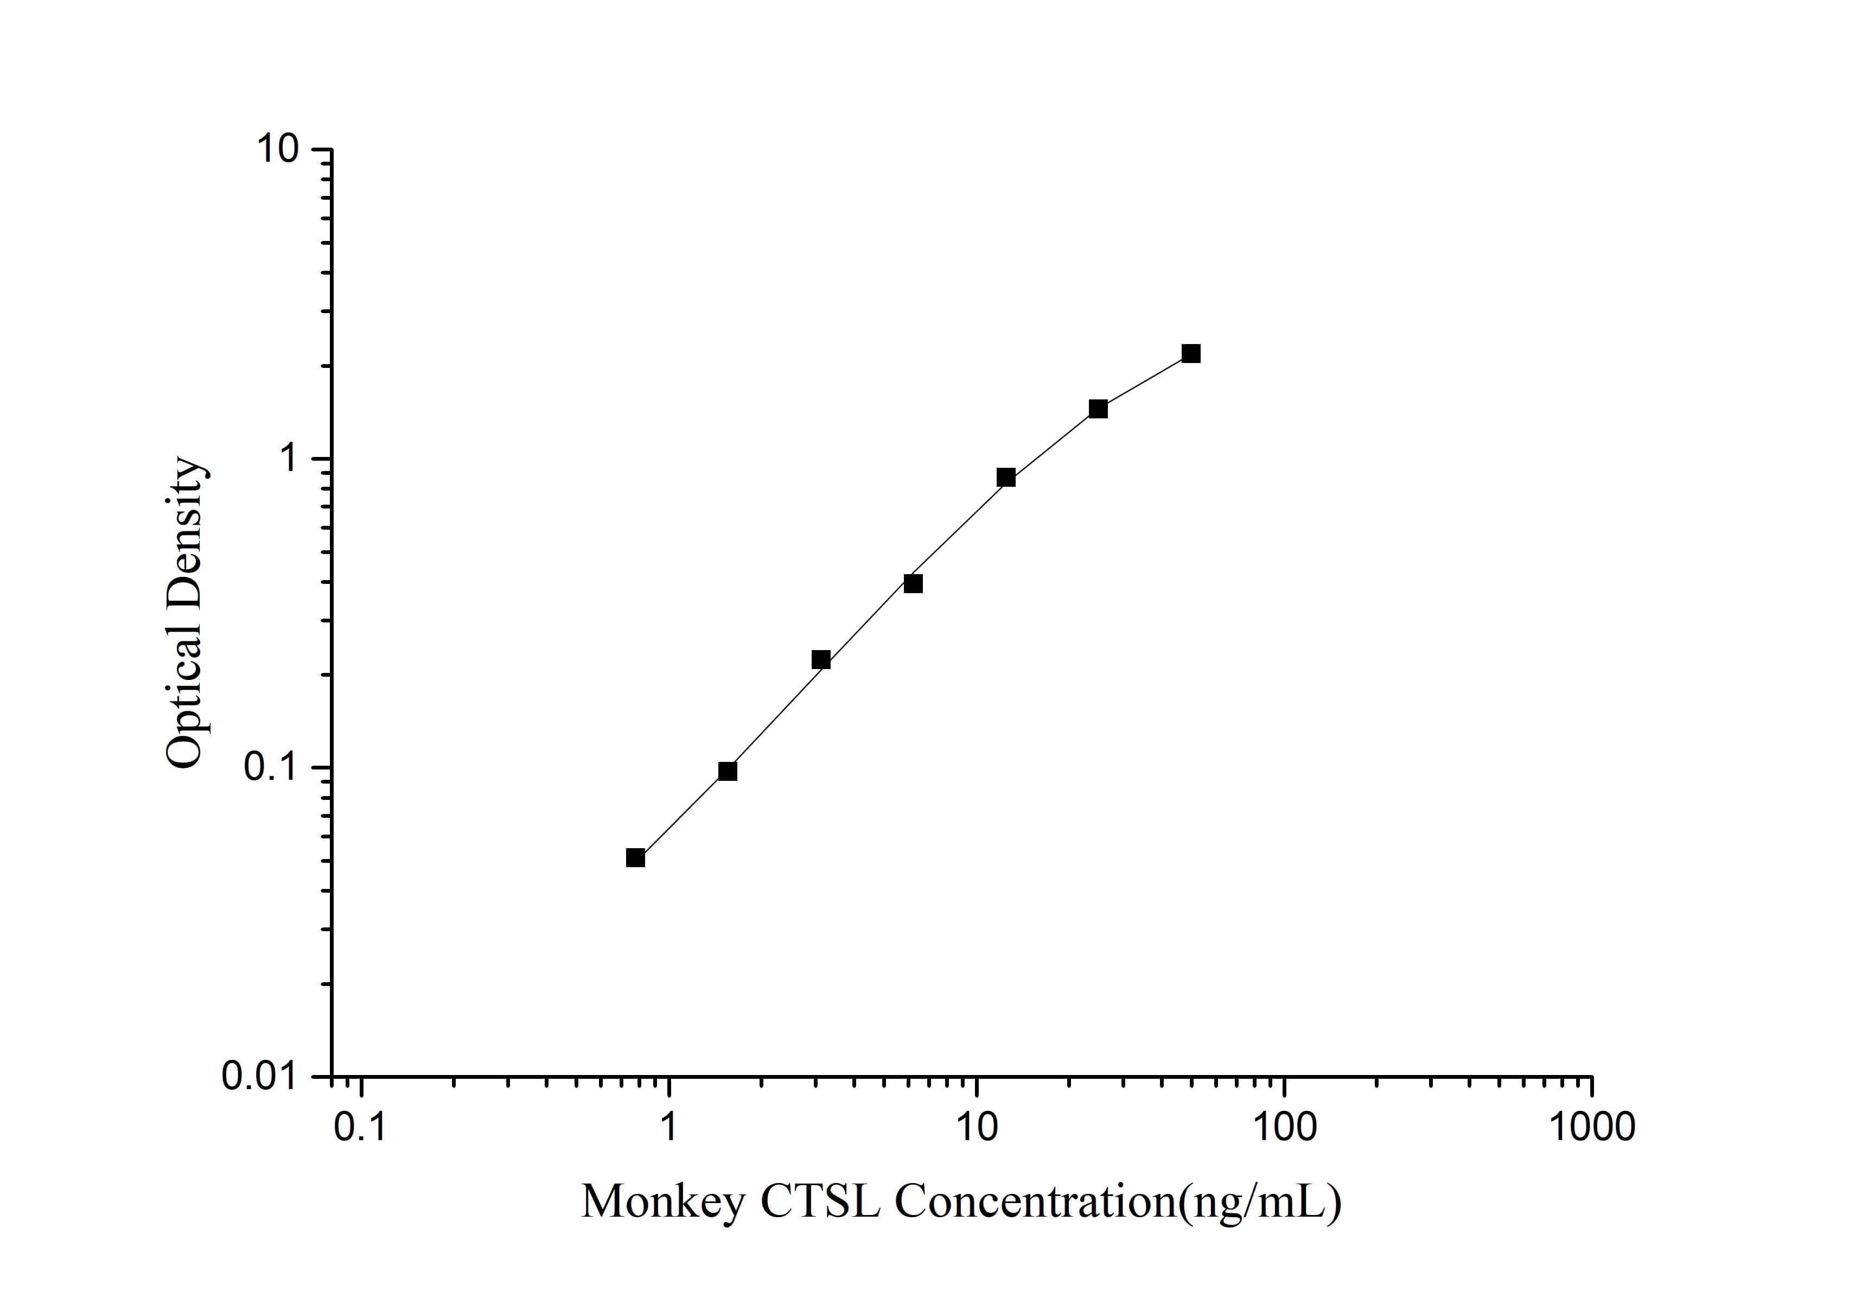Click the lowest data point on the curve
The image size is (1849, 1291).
point(635,858)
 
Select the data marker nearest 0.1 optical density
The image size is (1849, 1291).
point(727,772)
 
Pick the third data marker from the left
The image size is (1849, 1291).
point(821,659)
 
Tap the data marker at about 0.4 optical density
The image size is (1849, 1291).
point(913,583)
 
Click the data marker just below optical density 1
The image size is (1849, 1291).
point(1006,478)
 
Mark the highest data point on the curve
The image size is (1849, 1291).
point(1191,354)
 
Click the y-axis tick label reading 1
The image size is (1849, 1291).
point(288,459)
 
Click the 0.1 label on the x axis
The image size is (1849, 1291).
point(360,1128)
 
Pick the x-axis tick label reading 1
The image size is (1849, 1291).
point(668,1128)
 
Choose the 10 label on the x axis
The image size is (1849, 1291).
point(977,1128)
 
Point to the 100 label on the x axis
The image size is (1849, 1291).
point(1284,1128)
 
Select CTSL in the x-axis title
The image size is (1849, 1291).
point(820,1203)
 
